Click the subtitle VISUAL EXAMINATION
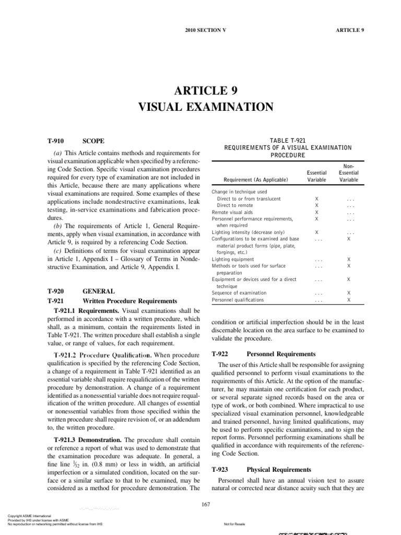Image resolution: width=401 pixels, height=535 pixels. [205, 107]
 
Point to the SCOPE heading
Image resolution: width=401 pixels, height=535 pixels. [93, 141]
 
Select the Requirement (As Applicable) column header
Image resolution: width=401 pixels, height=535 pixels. [255, 180]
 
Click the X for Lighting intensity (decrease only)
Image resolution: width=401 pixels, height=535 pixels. [317, 232]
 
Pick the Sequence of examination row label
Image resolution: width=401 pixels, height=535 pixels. [239, 293]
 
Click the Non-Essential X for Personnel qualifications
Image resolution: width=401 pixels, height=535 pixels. [349, 300]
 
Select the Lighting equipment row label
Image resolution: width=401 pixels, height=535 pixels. [233, 259]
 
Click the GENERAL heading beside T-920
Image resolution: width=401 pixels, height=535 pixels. [99, 291]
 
